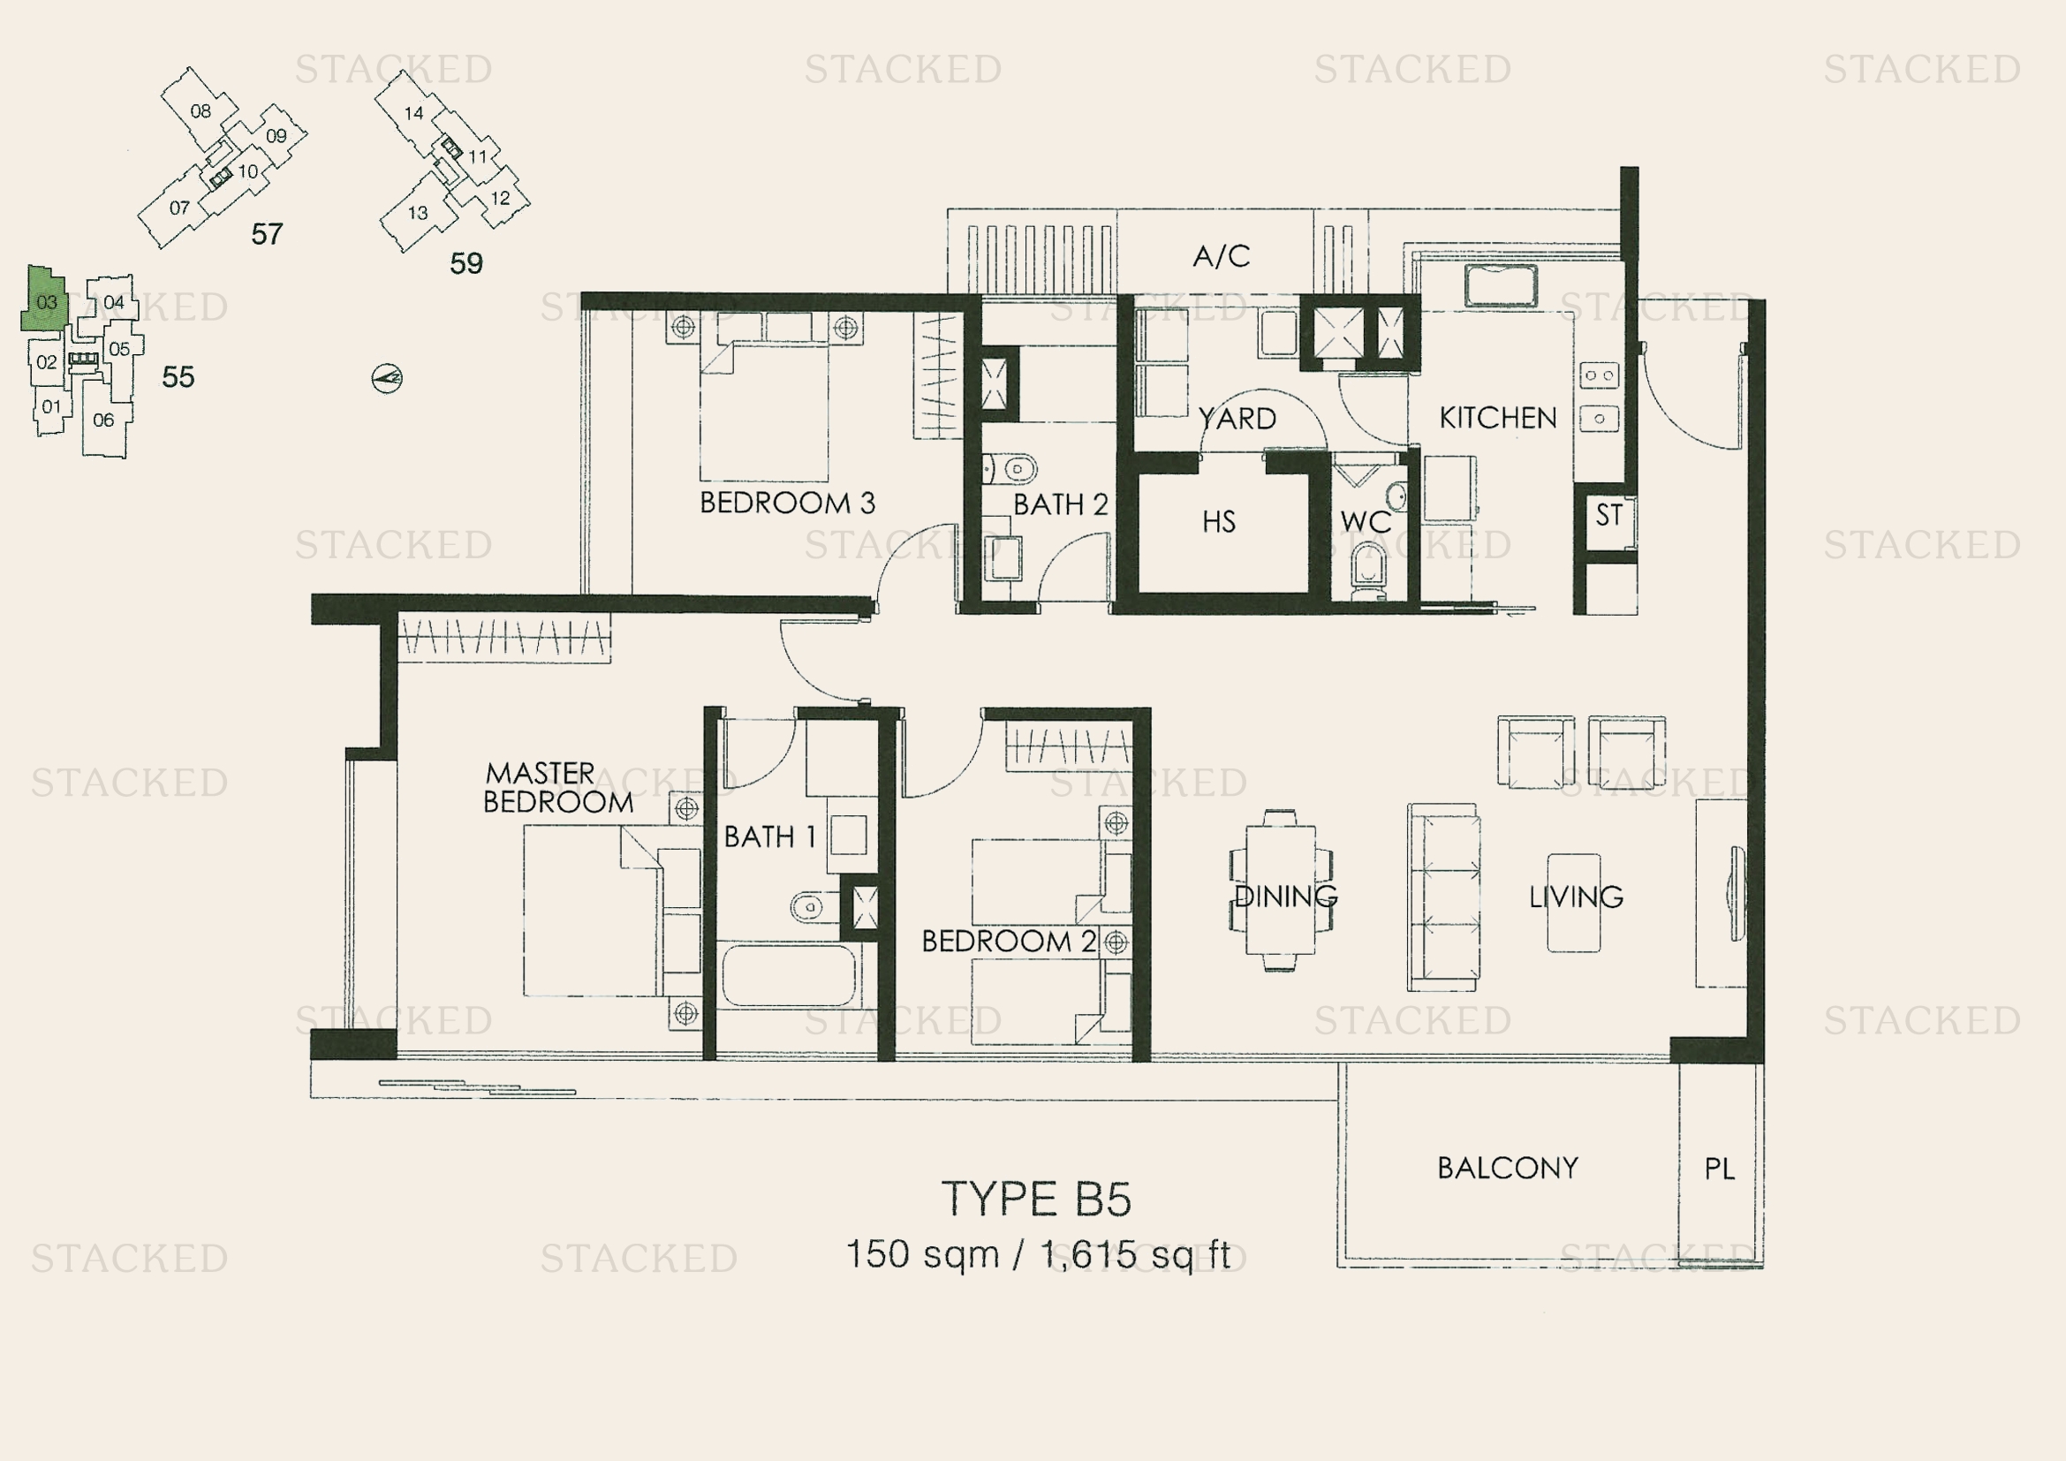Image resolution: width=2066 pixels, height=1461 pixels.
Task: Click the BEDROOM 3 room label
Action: (x=787, y=503)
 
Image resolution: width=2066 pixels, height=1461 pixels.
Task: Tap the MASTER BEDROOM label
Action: (x=558, y=787)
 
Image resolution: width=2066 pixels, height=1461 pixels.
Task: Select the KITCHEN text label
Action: (x=1497, y=418)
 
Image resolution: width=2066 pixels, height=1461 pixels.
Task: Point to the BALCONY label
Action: (x=1507, y=1168)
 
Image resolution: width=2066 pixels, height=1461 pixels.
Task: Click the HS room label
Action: (x=1219, y=522)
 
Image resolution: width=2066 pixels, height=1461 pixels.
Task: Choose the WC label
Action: (x=1365, y=522)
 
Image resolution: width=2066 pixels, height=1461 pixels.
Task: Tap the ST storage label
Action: (x=1608, y=516)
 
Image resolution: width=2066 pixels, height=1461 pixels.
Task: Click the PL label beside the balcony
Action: (x=1719, y=1169)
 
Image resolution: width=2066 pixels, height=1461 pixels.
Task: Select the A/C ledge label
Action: (x=1221, y=256)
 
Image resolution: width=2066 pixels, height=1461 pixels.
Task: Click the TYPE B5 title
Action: (x=1037, y=1200)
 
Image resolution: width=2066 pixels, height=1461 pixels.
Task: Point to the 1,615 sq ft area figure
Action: (x=1136, y=1254)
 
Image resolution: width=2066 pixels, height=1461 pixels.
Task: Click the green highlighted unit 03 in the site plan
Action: (x=45, y=299)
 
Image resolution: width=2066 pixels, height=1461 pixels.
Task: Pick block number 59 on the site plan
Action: (x=466, y=262)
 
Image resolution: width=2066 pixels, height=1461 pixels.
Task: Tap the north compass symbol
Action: (x=387, y=378)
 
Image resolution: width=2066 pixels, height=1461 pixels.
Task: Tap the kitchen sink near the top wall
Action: (x=1500, y=286)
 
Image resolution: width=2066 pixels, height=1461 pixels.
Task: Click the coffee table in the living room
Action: (x=1574, y=903)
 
